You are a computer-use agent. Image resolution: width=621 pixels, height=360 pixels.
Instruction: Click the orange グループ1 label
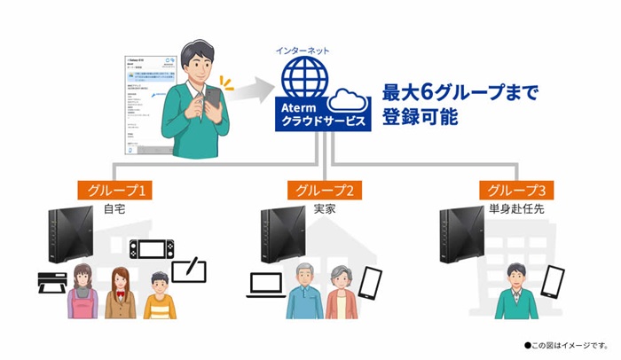[114, 190]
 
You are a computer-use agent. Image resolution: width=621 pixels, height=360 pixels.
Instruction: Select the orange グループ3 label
[512, 190]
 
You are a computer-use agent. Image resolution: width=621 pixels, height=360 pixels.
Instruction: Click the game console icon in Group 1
[147, 249]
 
